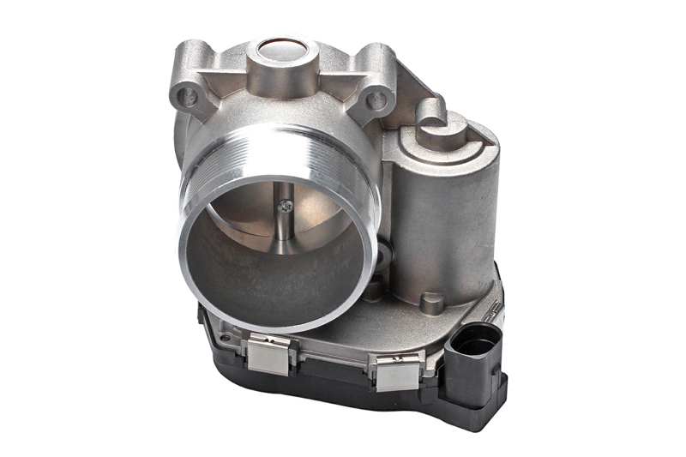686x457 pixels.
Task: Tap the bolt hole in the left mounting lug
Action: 187,96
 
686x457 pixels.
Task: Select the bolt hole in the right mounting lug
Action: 376,100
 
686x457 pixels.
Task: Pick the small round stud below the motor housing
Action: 433,302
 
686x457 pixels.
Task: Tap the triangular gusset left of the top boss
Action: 229,75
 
